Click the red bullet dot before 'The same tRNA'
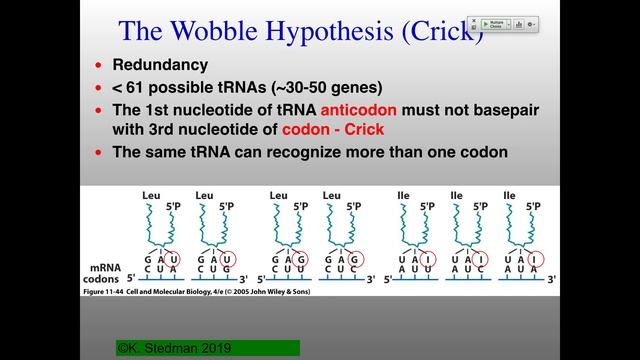[x=98, y=153]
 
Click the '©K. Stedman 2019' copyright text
[x=175, y=347]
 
